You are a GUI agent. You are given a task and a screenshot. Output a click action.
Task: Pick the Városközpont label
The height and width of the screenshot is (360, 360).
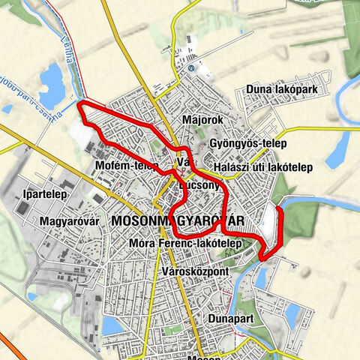pos(194,270)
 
